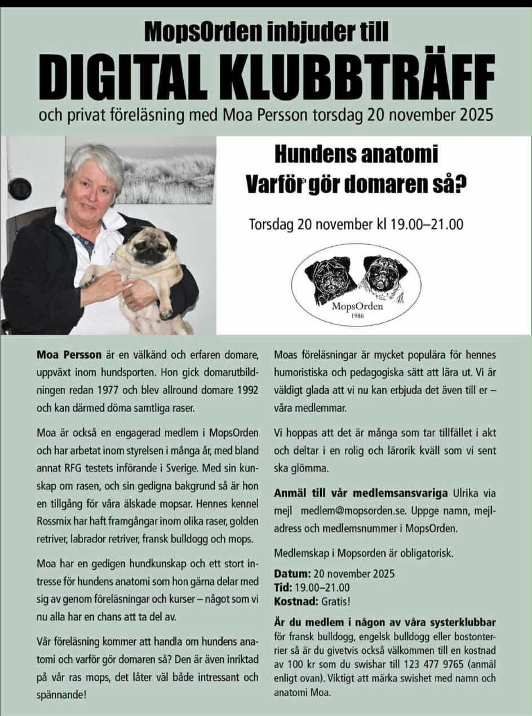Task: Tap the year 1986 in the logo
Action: (x=357, y=316)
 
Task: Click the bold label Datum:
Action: (x=292, y=574)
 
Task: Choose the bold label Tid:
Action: (x=283, y=587)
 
